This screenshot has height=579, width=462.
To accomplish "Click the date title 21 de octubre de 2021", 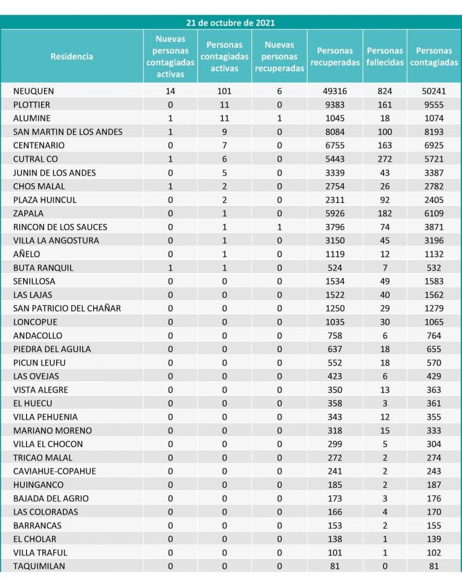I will [x=230, y=23].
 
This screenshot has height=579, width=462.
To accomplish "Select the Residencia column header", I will [x=72, y=57].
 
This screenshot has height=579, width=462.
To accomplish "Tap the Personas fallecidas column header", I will [x=385, y=57].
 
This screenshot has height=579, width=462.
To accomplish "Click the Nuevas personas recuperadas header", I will [x=280, y=57].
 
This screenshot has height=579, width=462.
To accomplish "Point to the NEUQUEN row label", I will [x=34, y=91].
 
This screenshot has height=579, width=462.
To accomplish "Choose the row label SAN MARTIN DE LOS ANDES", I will [x=68, y=132].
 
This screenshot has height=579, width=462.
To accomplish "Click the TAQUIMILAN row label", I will [x=39, y=566].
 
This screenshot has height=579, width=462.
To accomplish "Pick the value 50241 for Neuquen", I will [x=434, y=91].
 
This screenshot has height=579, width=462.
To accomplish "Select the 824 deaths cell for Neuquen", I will [x=385, y=91].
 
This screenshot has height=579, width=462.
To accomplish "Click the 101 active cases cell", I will [x=224, y=91].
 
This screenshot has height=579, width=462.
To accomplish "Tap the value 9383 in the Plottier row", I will [x=335, y=105].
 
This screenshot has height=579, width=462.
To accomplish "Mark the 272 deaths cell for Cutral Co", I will [x=385, y=159].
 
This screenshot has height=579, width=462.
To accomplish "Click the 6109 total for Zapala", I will [x=434, y=213].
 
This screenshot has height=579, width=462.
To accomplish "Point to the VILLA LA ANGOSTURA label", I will [x=56, y=240].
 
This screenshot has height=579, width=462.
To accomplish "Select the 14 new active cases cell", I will [x=171, y=91].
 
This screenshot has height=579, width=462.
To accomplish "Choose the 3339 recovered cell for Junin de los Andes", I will [x=335, y=172].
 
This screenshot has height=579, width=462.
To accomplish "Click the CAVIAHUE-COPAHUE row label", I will [x=55, y=471].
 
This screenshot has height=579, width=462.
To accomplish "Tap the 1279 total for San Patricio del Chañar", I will [x=434, y=308].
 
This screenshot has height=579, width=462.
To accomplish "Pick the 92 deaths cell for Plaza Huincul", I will [x=385, y=200].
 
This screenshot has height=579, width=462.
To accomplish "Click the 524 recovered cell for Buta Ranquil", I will [x=335, y=267].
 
